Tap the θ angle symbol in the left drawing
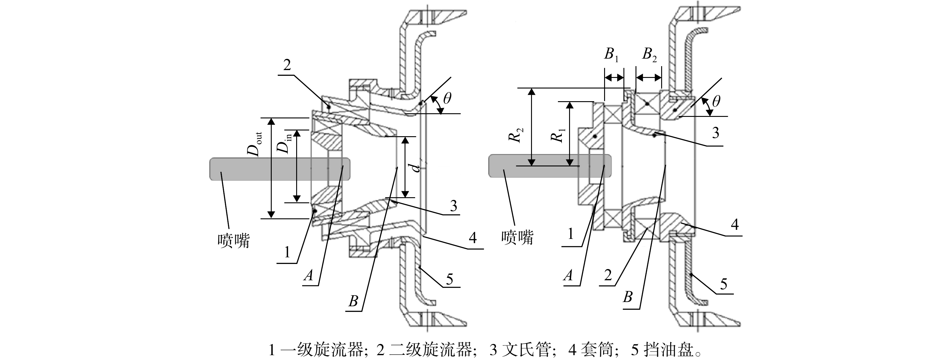pos(447,98)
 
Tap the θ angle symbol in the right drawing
pos(716,101)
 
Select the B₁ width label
pos(611,55)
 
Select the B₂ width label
pos(649,55)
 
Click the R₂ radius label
pos(517,135)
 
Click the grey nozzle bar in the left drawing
pos(280,169)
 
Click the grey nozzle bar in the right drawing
pos(550,166)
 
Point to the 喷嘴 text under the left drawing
pos(234,241)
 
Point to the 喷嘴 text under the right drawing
pos(517,237)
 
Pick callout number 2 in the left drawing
pos(287,65)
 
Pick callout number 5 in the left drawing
pos(449,279)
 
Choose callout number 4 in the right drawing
pos(735,224)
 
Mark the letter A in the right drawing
pos(568,275)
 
